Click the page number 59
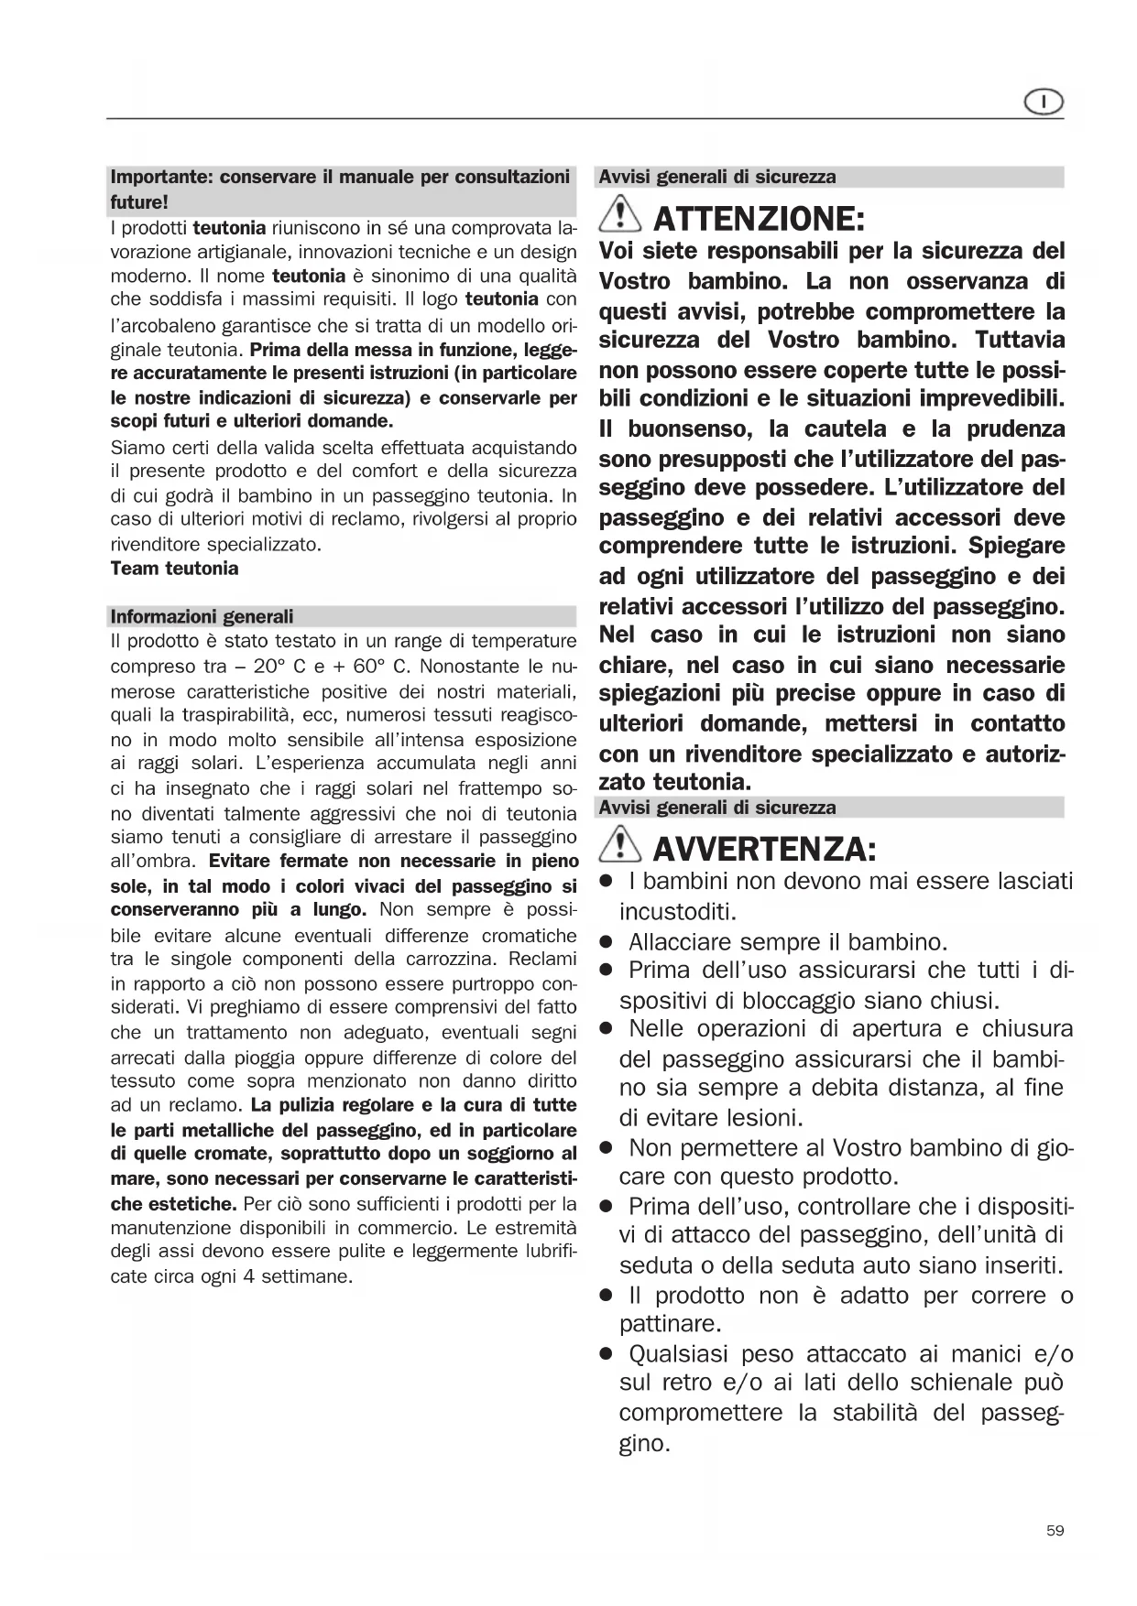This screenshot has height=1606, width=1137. [1055, 1531]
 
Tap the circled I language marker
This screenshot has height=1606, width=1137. [1044, 103]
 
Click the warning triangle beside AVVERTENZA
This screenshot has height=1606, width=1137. [620, 844]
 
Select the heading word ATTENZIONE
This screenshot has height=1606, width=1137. [760, 219]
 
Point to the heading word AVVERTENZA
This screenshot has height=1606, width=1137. [765, 850]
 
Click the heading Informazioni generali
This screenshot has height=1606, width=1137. [202, 616]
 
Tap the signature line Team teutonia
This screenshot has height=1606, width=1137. [174, 569]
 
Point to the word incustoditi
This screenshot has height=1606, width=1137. [678, 912]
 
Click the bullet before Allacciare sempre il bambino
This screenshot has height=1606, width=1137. [606, 942]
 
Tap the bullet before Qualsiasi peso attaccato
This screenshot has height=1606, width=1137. [606, 1354]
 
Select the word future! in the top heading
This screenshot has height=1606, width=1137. [139, 202]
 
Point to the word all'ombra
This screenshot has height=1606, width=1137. [152, 862]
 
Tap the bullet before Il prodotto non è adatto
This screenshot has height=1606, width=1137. [606, 1296]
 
